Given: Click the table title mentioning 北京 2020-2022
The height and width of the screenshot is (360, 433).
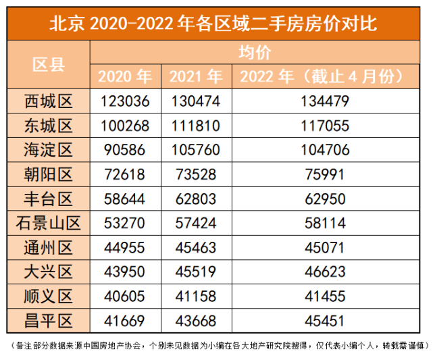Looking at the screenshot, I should (x=216, y=24).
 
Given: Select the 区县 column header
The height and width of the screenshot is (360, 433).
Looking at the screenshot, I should (x=49, y=65).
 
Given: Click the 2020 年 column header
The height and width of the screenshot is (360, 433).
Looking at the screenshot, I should (x=125, y=76).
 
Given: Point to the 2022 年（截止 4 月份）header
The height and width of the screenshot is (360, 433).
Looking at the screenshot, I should (x=324, y=76).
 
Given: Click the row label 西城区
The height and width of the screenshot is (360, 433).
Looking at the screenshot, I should (x=49, y=102).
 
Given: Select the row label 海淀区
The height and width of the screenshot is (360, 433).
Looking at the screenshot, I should (x=49, y=150).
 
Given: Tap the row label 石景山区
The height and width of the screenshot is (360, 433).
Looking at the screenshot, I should (x=49, y=222).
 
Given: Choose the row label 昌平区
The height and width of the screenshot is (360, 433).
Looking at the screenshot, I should (x=49, y=318).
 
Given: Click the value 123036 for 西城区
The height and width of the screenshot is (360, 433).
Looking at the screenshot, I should (x=125, y=102).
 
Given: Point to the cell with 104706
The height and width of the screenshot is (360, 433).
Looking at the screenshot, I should (x=324, y=150).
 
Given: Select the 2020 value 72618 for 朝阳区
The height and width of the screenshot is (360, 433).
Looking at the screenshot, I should (x=125, y=174).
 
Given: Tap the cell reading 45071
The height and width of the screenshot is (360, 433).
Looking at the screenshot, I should (x=324, y=247).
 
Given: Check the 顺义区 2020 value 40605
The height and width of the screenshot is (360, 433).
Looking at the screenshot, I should (x=125, y=294).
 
